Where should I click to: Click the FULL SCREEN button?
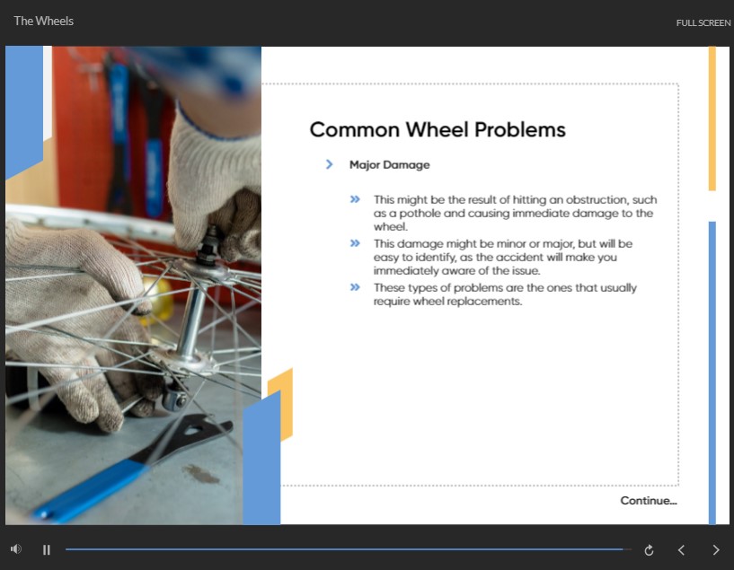[703, 23]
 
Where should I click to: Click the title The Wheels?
[43, 21]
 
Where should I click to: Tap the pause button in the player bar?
[47, 550]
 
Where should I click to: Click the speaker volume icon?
[16, 549]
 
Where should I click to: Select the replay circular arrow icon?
[649, 550]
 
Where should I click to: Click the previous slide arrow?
[682, 550]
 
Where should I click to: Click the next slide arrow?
[716, 550]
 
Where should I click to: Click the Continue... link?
[649, 501]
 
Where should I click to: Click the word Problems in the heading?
[520, 130]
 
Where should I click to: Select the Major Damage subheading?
[390, 165]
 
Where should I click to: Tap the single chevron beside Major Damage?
[329, 164]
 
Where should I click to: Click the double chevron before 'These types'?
[355, 287]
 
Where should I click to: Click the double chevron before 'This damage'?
[355, 243]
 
